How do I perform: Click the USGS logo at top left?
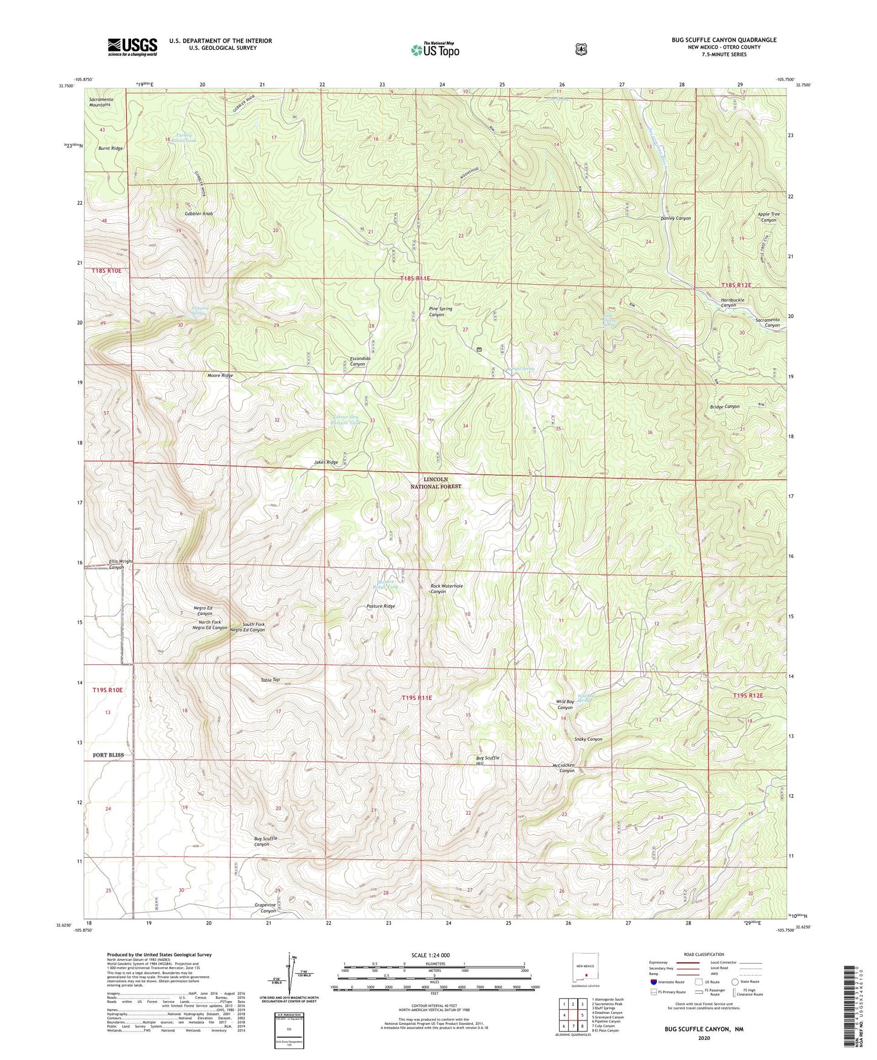[132, 47]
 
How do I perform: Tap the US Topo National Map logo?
[435, 49]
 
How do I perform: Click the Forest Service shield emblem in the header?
[581, 49]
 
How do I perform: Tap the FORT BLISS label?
[108, 755]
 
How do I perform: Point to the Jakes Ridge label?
[326, 463]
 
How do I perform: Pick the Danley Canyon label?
[676, 218]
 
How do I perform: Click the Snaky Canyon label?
[588, 739]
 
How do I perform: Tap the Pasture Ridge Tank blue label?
[385, 585]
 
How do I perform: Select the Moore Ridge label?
[220, 376]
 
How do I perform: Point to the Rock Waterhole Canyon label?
[447, 588]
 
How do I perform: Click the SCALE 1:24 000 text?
[430, 955]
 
